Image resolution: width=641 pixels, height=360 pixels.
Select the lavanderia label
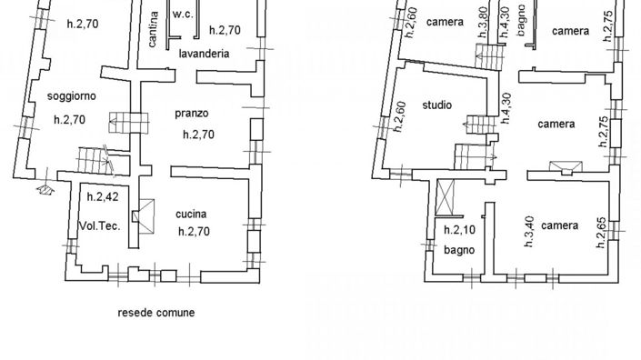(x=203, y=54)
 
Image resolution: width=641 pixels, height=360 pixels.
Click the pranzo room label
(x=193, y=114)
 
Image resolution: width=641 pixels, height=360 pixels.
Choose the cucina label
(x=194, y=214)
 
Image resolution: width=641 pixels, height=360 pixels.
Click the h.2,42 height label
(x=99, y=195)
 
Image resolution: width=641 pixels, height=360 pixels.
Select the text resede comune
(x=156, y=312)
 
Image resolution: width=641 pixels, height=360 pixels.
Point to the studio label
(x=436, y=105)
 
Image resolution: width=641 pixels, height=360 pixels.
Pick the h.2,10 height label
(x=457, y=230)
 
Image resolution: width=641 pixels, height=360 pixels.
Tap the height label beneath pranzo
(x=198, y=135)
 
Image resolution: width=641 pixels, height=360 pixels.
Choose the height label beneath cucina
(x=194, y=231)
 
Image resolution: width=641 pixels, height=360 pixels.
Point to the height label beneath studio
(x=400, y=118)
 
